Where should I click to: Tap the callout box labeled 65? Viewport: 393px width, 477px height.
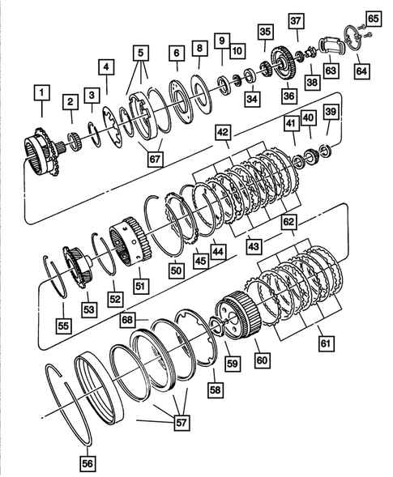373,17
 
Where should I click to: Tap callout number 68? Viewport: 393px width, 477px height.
128,322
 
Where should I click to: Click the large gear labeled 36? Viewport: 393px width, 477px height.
284,65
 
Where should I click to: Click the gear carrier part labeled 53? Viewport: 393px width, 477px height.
81,266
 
